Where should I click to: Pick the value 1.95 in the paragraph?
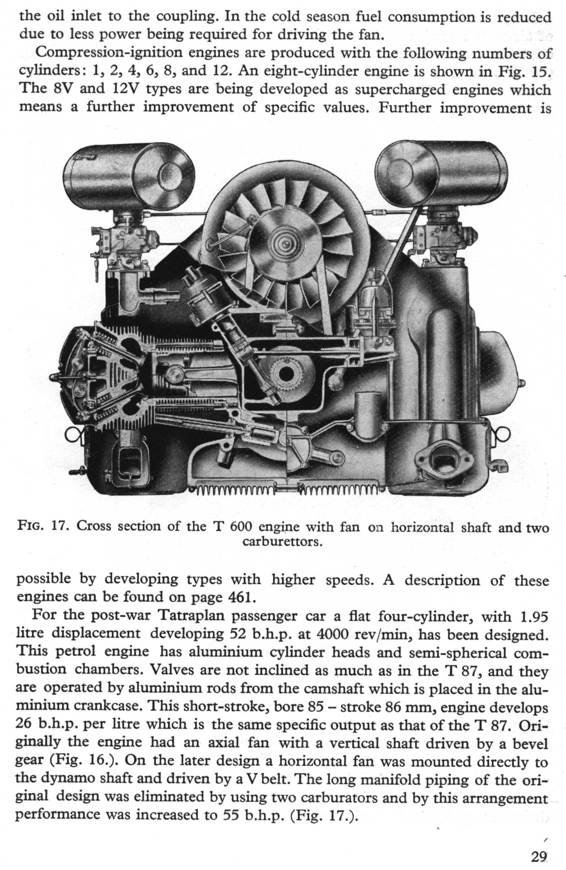534,616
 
